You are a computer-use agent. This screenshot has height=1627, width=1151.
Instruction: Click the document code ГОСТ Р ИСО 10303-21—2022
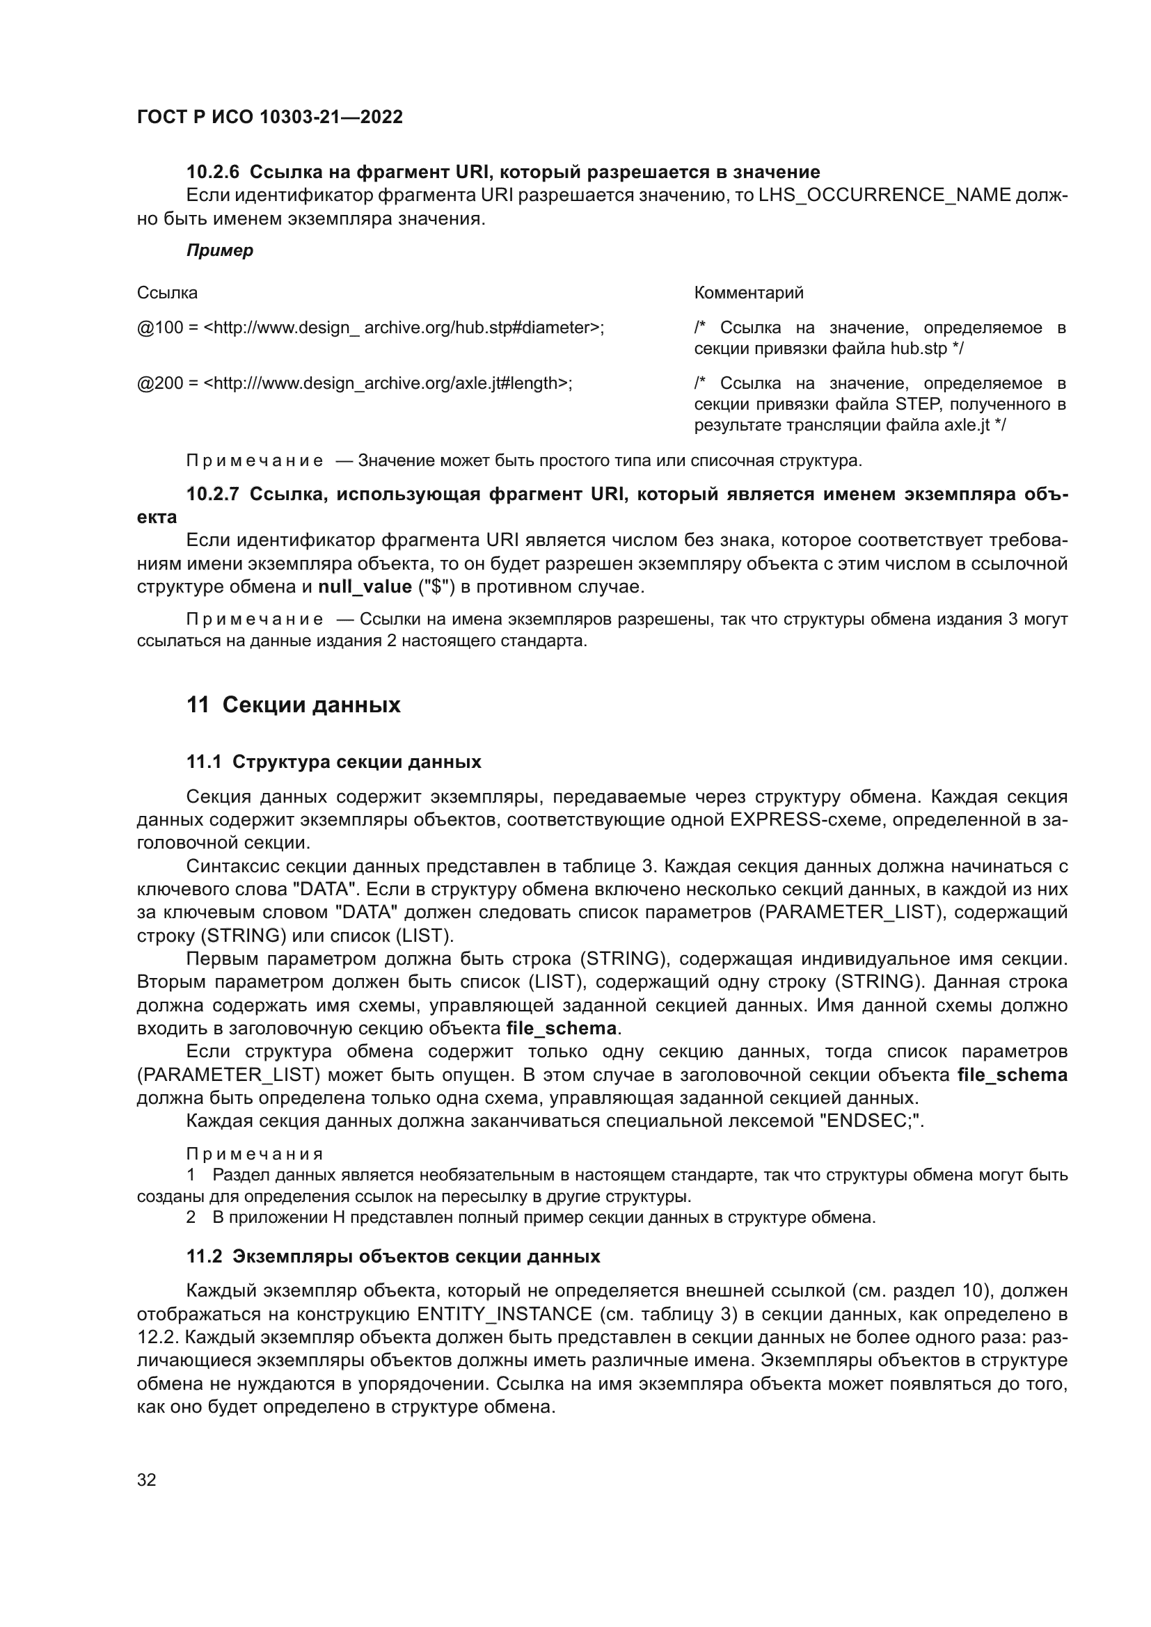point(269,117)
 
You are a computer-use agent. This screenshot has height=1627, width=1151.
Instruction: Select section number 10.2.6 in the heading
point(213,173)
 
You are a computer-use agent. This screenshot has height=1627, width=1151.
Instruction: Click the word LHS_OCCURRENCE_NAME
point(884,195)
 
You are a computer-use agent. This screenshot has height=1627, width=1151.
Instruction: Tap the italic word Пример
point(219,251)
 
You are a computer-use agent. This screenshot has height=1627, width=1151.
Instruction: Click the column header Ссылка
point(167,293)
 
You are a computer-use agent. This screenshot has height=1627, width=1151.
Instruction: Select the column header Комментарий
point(749,293)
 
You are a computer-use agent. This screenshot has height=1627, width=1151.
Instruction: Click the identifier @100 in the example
point(159,328)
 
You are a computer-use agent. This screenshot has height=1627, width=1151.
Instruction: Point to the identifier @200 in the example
point(159,383)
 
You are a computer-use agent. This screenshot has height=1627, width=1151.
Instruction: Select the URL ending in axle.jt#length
point(388,383)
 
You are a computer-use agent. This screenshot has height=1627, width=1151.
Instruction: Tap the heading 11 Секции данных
point(294,705)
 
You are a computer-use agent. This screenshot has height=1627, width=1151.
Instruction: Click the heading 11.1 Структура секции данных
point(334,762)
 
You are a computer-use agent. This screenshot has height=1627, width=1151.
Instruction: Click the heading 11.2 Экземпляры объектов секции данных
point(393,1256)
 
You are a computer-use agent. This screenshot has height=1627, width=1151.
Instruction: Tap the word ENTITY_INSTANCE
point(504,1315)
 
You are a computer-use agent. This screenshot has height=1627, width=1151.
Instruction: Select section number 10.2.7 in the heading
point(213,495)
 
